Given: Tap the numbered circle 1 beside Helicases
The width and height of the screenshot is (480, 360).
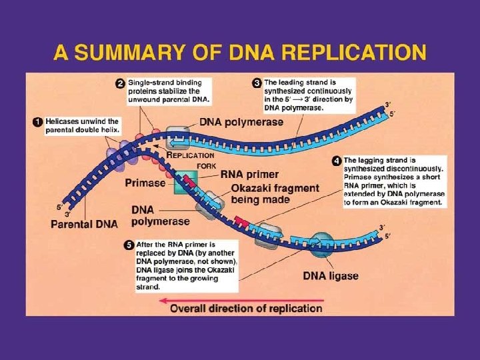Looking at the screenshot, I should point(38,121).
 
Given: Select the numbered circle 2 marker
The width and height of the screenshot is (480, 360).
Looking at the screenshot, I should point(121,83).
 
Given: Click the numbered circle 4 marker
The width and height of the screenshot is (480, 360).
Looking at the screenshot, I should point(337,161).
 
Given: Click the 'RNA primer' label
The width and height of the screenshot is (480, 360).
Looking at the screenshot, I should point(249,175).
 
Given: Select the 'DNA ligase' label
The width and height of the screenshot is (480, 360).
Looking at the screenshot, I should point(331,275).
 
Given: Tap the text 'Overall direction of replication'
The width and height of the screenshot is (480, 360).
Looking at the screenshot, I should point(247,308).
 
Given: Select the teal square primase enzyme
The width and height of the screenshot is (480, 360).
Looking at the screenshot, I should point(186,183).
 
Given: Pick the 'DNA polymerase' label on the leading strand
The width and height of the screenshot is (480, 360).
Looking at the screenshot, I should point(241,122).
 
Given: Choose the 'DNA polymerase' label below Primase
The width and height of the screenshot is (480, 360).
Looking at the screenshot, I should point(160,215).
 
